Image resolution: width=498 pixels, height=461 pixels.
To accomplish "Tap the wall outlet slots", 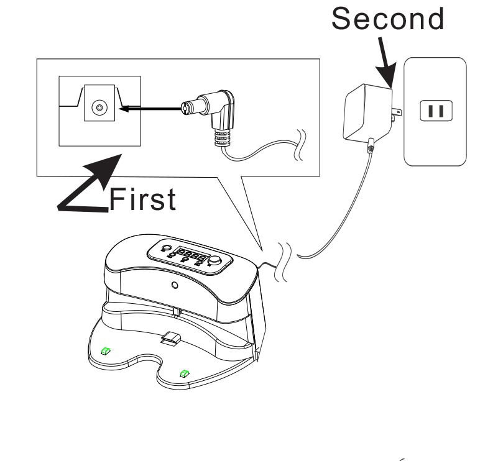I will click(435, 111).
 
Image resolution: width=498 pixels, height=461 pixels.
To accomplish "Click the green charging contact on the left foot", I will click(106, 350).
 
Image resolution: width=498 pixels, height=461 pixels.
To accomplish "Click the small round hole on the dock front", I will click(175, 285).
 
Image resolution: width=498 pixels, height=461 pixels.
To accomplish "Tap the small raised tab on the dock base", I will click(170, 337).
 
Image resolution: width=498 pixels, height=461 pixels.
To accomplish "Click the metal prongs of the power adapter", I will click(397, 112).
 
